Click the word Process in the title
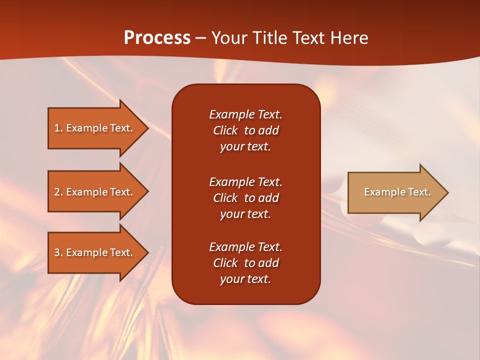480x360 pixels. [x=157, y=38]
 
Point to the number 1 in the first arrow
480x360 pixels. [x=57, y=128]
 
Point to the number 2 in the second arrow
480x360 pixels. [x=57, y=192]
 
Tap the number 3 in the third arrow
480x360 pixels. [x=57, y=252]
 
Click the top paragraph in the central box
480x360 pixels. [x=245, y=130]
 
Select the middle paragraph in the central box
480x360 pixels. [x=245, y=198]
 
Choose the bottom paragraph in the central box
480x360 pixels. [x=245, y=263]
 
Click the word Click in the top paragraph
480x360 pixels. [x=225, y=130]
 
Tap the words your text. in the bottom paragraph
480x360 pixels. [x=245, y=279]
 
